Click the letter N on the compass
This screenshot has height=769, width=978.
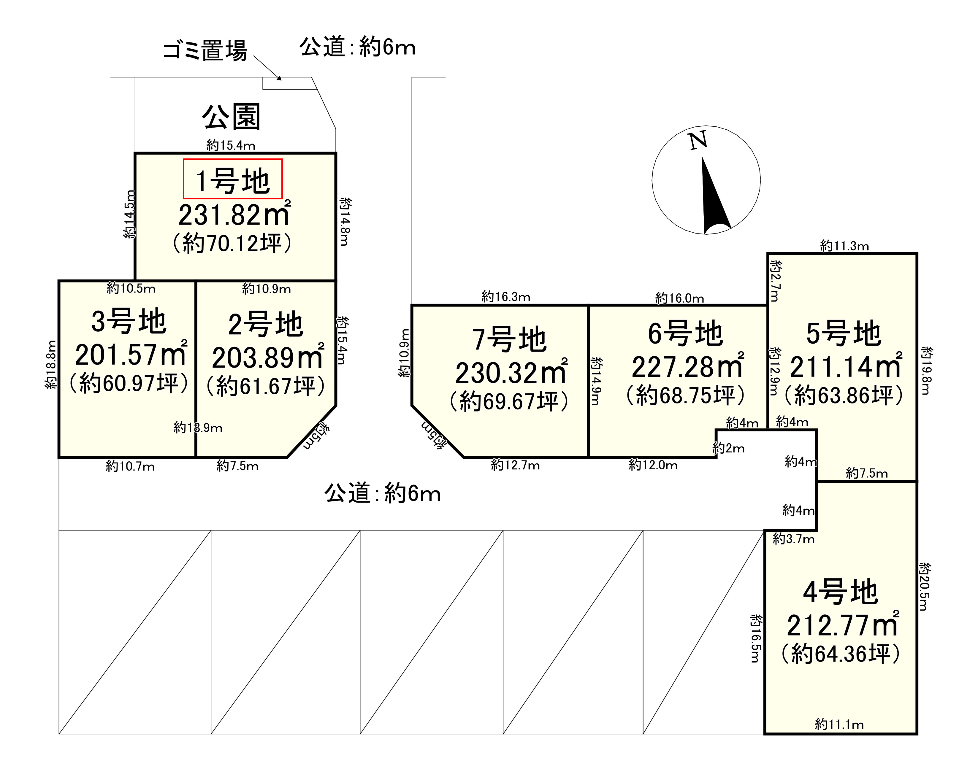pyautogui.click(x=698, y=140)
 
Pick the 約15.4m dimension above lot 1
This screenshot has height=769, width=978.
pyautogui.click(x=231, y=145)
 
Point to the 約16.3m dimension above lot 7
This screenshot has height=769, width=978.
pyautogui.click(x=505, y=297)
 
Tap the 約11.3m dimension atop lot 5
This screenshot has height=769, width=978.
pyautogui.click(x=844, y=246)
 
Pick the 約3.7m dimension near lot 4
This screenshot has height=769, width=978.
pyautogui.click(x=793, y=539)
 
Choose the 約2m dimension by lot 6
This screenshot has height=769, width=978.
pyautogui.click(x=728, y=448)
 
